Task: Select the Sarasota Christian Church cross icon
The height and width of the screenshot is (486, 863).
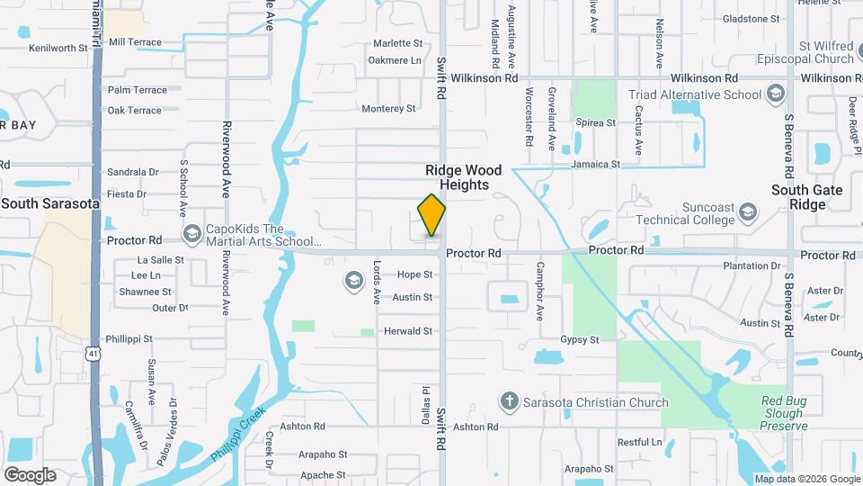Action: coord(509,401)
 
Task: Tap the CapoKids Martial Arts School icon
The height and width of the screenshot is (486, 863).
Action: coord(191,235)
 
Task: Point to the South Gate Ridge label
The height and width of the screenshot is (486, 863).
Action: coord(806,197)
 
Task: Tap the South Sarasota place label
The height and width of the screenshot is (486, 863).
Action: coord(50,203)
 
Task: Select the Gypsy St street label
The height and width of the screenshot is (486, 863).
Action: coord(580,340)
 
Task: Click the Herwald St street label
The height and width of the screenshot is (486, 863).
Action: coord(408,331)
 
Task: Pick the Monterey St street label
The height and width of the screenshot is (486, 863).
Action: coord(388,109)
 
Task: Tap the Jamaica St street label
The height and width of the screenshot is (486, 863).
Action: coord(596,165)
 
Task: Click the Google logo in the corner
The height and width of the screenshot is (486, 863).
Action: coord(30,475)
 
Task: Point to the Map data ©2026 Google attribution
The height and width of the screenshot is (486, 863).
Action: coord(806,479)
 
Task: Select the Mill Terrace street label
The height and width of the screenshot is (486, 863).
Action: coord(135,42)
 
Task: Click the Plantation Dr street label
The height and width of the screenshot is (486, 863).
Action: coord(752,266)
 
